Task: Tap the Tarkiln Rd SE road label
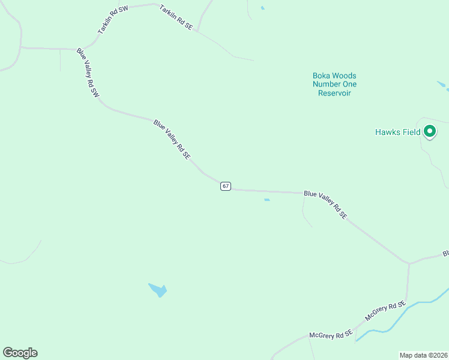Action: (175, 17)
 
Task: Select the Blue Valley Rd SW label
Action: (88, 73)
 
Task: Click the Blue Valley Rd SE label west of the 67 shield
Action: (172, 139)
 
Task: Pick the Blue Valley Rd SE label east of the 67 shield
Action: (325, 205)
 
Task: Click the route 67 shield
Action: (225, 186)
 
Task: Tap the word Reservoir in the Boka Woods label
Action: (334, 93)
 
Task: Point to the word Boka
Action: (322, 76)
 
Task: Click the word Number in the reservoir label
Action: (327, 84)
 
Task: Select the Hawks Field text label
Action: (397, 132)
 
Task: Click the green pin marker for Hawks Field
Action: (430, 131)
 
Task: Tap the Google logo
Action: (20, 353)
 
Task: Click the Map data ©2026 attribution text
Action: (423, 355)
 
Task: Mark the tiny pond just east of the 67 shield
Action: (267, 200)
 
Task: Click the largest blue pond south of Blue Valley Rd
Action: (158, 290)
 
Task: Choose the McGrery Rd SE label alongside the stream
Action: (386, 313)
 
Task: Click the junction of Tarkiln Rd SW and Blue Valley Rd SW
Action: (77, 49)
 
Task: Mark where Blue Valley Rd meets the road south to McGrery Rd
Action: (409, 263)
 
